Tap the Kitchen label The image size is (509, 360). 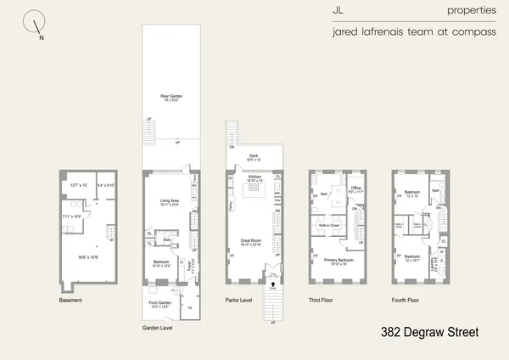(254, 177)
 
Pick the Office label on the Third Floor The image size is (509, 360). (356, 188)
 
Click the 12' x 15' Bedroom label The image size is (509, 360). (413, 194)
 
